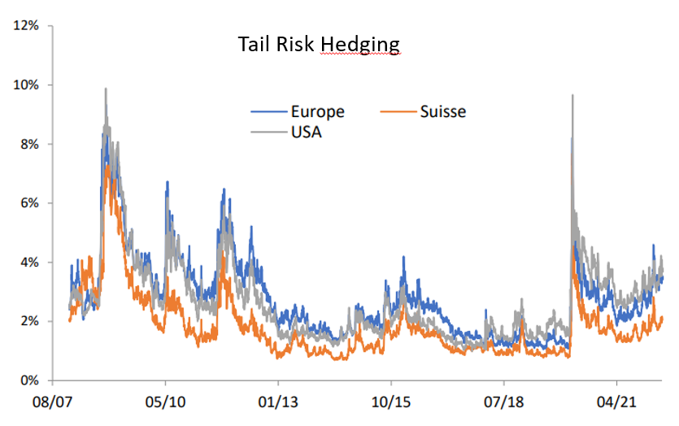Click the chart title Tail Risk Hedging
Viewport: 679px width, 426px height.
[319, 44]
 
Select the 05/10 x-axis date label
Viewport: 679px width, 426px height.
[166, 402]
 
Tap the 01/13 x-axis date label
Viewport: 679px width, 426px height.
[278, 402]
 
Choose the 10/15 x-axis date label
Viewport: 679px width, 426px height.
[390, 402]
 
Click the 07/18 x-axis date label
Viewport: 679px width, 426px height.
[503, 402]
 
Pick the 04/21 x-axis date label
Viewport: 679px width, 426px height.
[616, 402]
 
